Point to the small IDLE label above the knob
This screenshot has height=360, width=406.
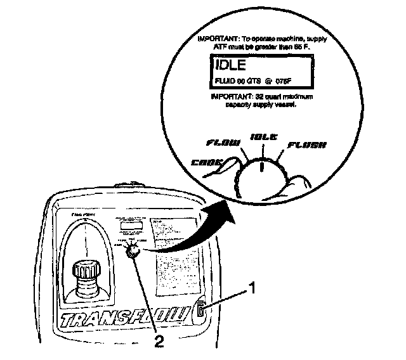264,137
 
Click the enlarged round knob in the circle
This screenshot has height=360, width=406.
260,171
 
